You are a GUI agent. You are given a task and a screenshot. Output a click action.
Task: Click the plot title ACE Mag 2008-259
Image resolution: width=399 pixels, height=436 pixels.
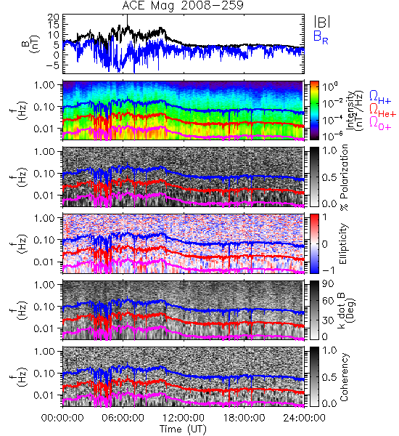pos(183,5)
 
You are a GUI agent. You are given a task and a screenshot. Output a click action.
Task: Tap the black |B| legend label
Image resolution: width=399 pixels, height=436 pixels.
pos(322,22)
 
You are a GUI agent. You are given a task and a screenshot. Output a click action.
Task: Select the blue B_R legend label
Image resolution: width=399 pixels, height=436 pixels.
pos(321,37)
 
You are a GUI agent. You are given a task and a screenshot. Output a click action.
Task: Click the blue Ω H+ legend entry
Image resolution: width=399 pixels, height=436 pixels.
pos(380,97)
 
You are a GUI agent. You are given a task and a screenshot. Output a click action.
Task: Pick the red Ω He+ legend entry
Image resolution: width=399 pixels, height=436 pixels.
pos(382,110)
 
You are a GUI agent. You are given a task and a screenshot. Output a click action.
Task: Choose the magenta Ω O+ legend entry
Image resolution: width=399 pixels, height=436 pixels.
pos(380,123)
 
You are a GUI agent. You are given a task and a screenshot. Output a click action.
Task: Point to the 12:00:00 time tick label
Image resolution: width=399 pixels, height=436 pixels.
pos(184,418)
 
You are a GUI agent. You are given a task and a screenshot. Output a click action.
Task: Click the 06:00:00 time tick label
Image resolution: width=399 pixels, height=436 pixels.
pos(123,418)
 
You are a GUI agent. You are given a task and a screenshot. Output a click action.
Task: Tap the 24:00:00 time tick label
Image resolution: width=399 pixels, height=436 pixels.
pos(304,418)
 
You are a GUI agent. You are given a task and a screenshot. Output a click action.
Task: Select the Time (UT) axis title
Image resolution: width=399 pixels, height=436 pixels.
pos(183,429)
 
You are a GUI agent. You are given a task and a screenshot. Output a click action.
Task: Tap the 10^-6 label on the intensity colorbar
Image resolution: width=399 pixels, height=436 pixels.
pos(332,134)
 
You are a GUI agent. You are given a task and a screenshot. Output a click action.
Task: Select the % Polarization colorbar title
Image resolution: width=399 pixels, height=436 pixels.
pos(344,177)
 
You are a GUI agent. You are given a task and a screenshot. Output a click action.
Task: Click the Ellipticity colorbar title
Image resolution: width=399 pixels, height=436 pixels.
pos(343,243)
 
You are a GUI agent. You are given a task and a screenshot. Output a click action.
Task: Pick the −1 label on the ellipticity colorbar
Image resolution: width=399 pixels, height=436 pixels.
pos(327,270)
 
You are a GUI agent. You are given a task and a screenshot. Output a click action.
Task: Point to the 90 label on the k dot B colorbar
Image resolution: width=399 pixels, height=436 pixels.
pos(328,284)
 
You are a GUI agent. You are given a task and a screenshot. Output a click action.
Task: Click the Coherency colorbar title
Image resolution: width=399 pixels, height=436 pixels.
pos(344,377)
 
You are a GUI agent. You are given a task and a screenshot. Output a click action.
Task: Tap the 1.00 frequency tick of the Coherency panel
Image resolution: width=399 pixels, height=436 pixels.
pos(46,352)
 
